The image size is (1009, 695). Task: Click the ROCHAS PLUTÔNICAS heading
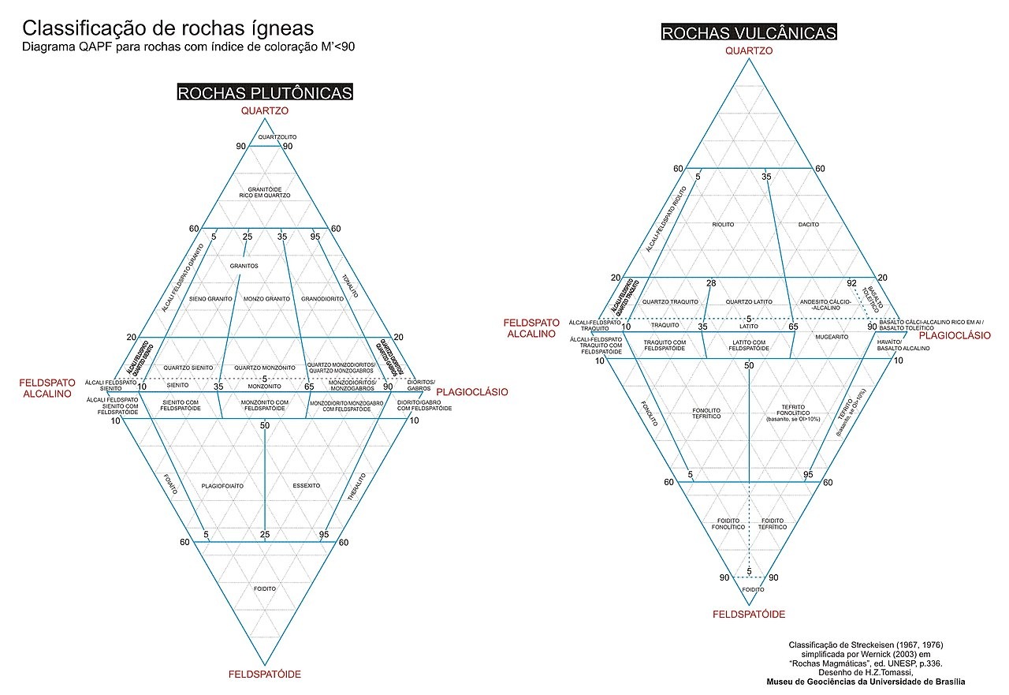click(265, 93)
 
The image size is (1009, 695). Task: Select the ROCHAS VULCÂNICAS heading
click(749, 32)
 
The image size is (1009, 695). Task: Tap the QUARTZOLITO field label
click(265, 137)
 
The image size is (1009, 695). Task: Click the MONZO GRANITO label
click(267, 299)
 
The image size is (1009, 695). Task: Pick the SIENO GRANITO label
click(210, 299)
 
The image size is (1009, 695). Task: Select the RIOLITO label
click(722, 225)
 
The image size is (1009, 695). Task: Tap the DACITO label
click(808, 225)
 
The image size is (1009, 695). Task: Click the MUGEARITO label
click(832, 337)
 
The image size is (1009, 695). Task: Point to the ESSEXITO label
click(306, 485)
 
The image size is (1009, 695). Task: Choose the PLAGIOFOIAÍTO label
click(222, 485)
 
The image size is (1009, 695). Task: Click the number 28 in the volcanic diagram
click(711, 283)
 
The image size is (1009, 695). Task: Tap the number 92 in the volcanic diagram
click(851, 283)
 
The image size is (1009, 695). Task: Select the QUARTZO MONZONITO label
click(264, 368)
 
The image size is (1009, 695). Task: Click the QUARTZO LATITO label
click(749, 301)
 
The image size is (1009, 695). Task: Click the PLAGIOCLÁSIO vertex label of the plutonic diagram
click(472, 392)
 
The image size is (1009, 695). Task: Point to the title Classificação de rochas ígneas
click(168, 28)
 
